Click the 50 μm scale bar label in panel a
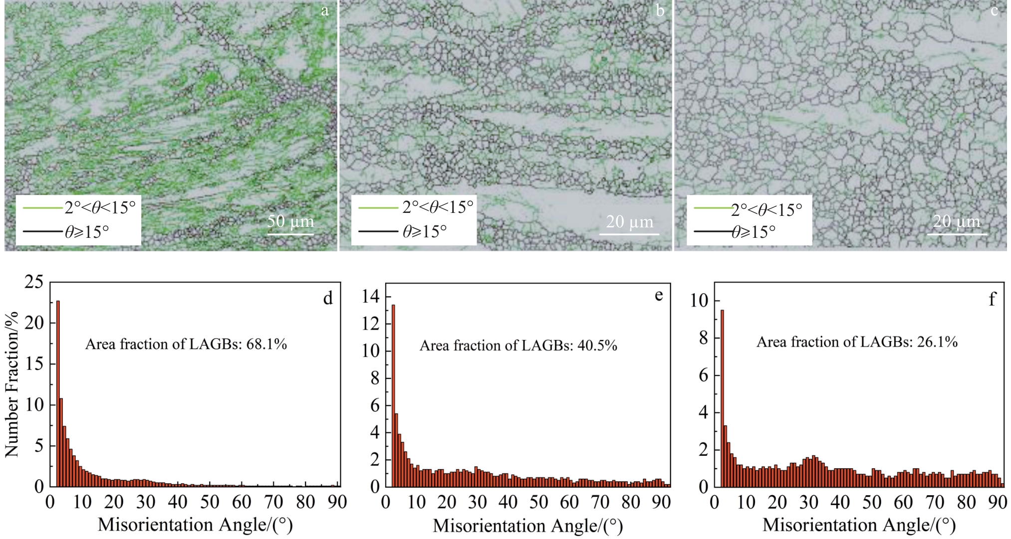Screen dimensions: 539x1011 290,221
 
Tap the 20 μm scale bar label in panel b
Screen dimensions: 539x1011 629,221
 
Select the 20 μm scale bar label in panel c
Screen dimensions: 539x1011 957,221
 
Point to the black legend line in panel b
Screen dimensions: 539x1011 378,231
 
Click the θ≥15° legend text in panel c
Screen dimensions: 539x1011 754,232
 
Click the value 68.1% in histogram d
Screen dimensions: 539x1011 266,344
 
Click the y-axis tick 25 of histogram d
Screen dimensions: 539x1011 34,282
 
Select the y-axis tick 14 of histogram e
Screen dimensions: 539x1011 371,297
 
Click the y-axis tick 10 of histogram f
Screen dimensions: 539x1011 699,300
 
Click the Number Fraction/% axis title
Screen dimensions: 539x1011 11,384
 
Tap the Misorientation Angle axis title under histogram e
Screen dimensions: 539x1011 527,526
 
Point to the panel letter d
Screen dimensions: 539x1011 328,298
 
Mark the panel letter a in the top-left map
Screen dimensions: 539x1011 325,11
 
